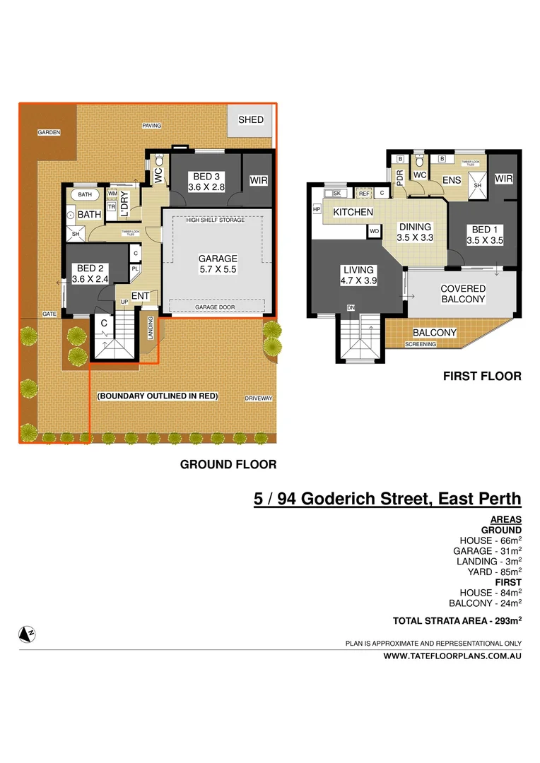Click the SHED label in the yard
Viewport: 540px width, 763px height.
click(x=250, y=119)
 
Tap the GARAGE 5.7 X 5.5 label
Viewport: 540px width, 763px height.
click(x=217, y=264)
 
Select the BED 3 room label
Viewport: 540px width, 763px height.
click(x=206, y=181)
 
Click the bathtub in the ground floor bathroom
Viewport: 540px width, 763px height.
click(x=86, y=194)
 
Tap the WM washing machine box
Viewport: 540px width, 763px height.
click(x=112, y=194)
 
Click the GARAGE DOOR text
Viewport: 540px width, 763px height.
click(x=216, y=307)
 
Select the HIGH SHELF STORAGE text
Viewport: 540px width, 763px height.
click(x=216, y=220)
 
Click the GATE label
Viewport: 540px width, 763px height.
click(x=49, y=313)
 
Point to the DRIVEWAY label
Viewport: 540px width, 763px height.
click(x=258, y=398)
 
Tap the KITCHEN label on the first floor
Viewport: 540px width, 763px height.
click(x=353, y=212)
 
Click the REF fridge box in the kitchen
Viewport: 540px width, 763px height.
click(x=364, y=193)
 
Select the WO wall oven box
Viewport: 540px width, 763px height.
click(x=373, y=231)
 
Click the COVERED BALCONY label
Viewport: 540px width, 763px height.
click(x=462, y=294)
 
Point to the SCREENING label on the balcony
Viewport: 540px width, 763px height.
click(x=421, y=344)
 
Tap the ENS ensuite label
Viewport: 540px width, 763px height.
click(x=452, y=181)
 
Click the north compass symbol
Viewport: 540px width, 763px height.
click(x=28, y=633)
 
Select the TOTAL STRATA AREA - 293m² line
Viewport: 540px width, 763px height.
click(x=457, y=621)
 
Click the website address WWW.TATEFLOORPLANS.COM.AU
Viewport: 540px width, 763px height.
click(x=452, y=656)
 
